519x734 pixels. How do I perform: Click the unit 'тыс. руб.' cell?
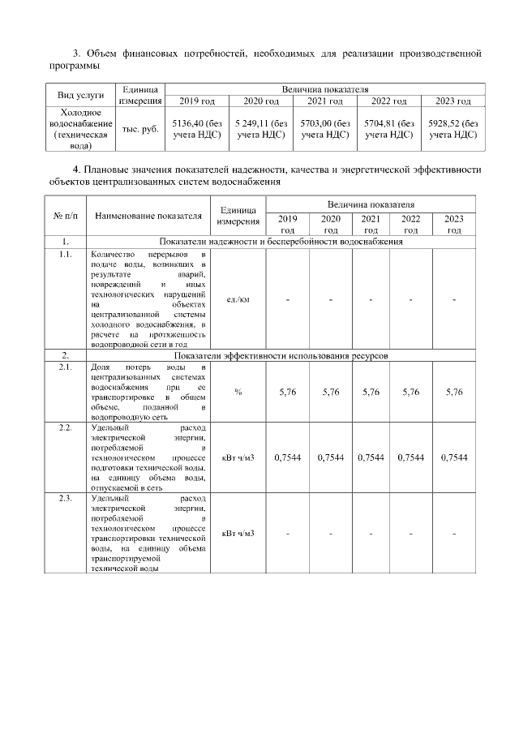(x=140, y=129)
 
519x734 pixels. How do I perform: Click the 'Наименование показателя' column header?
(x=148, y=217)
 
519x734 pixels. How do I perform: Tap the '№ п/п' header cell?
(x=64, y=217)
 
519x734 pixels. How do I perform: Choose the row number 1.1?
(x=64, y=254)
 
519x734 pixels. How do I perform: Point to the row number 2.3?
(x=64, y=498)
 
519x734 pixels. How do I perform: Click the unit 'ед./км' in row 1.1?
(x=238, y=299)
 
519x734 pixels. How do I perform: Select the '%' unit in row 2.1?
(x=238, y=392)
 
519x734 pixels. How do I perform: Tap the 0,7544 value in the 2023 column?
(x=454, y=457)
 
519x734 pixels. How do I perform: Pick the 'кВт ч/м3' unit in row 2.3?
(x=238, y=533)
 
